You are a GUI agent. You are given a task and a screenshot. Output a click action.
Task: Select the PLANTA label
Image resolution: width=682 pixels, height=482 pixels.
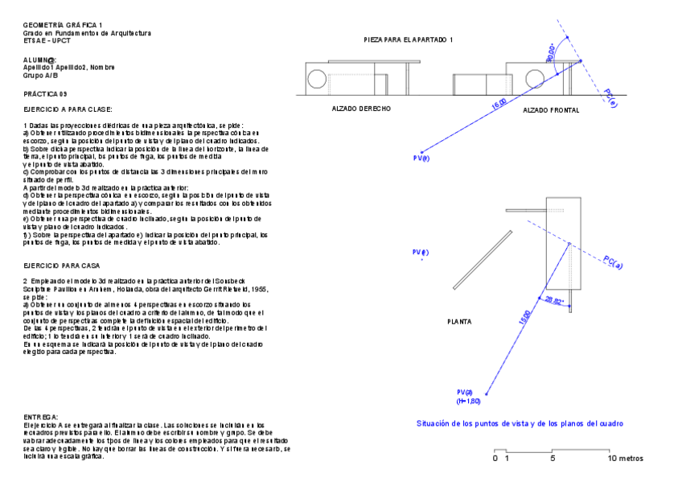pyautogui.click(x=459, y=321)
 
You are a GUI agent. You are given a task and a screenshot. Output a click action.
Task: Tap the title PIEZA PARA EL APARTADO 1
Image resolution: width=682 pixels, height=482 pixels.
pyautogui.click(x=409, y=39)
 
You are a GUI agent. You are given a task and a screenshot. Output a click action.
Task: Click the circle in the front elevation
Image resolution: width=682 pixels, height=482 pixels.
pyautogui.click(x=534, y=79)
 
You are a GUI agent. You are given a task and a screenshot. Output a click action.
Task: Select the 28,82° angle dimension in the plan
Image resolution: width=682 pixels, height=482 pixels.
pyautogui.click(x=554, y=301)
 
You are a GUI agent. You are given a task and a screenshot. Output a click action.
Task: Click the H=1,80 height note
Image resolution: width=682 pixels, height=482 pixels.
pyautogui.click(x=468, y=400)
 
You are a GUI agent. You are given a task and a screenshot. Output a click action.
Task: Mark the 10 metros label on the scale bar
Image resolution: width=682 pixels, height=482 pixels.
pyautogui.click(x=625, y=458)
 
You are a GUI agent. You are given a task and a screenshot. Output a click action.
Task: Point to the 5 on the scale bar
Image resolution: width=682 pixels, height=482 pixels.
pyautogui.click(x=553, y=458)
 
